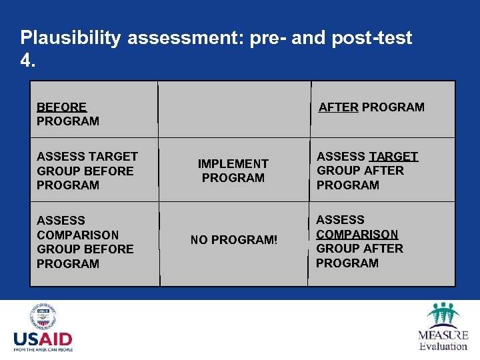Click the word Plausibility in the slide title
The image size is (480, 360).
click(x=71, y=38)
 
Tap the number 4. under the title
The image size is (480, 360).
click(x=27, y=61)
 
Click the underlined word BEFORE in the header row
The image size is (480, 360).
click(x=61, y=107)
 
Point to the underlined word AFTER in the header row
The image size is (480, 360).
click(x=338, y=107)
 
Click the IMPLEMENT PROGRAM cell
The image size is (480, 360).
click(x=233, y=171)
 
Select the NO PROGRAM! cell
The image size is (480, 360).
click(x=233, y=240)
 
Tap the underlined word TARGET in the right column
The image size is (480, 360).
click(x=393, y=157)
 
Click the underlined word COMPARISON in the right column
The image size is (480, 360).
click(x=357, y=234)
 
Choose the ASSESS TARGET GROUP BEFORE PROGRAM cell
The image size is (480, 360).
click(x=87, y=171)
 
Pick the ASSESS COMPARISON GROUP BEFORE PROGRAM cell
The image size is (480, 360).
click(x=85, y=241)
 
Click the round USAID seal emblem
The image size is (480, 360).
click(x=43, y=317)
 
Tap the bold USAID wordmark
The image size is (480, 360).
click(x=43, y=338)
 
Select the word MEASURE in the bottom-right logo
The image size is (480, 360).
click(x=443, y=335)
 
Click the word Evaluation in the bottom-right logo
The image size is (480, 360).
click(x=443, y=346)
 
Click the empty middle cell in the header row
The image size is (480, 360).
click(x=233, y=109)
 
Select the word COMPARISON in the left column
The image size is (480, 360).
click(x=77, y=235)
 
